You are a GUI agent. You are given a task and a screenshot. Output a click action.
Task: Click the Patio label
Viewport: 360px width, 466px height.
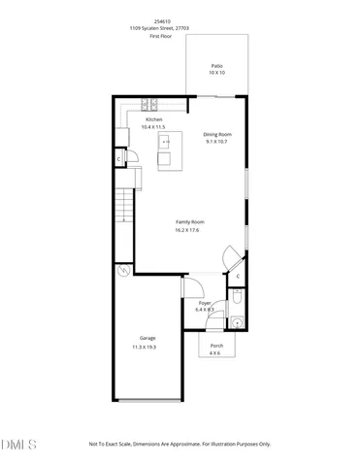coord(216,65)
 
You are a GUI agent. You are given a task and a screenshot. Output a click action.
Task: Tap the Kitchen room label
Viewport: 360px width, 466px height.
coord(153,119)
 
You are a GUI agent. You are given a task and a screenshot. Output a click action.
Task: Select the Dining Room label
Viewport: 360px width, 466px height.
coord(216,134)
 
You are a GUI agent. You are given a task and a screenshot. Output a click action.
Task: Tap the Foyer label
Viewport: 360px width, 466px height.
coord(205,303)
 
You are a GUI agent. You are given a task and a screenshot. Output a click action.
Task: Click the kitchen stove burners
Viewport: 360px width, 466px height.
coord(151,104)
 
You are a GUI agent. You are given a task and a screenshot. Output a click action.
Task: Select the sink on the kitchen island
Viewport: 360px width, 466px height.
coord(166,142)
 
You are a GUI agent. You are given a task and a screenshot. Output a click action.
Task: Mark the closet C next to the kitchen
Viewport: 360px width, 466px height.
coord(119,158)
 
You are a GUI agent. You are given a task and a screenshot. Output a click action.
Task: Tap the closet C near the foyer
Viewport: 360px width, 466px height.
coord(238,276)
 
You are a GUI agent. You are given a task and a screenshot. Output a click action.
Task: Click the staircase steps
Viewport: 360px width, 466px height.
coord(123,206)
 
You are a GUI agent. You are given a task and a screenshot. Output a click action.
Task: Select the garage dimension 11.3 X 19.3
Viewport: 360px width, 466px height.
coord(144,347)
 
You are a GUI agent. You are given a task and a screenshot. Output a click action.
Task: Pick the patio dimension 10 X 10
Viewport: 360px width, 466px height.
coord(216,73)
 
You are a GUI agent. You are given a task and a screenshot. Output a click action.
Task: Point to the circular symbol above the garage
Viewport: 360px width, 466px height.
coord(123,271)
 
